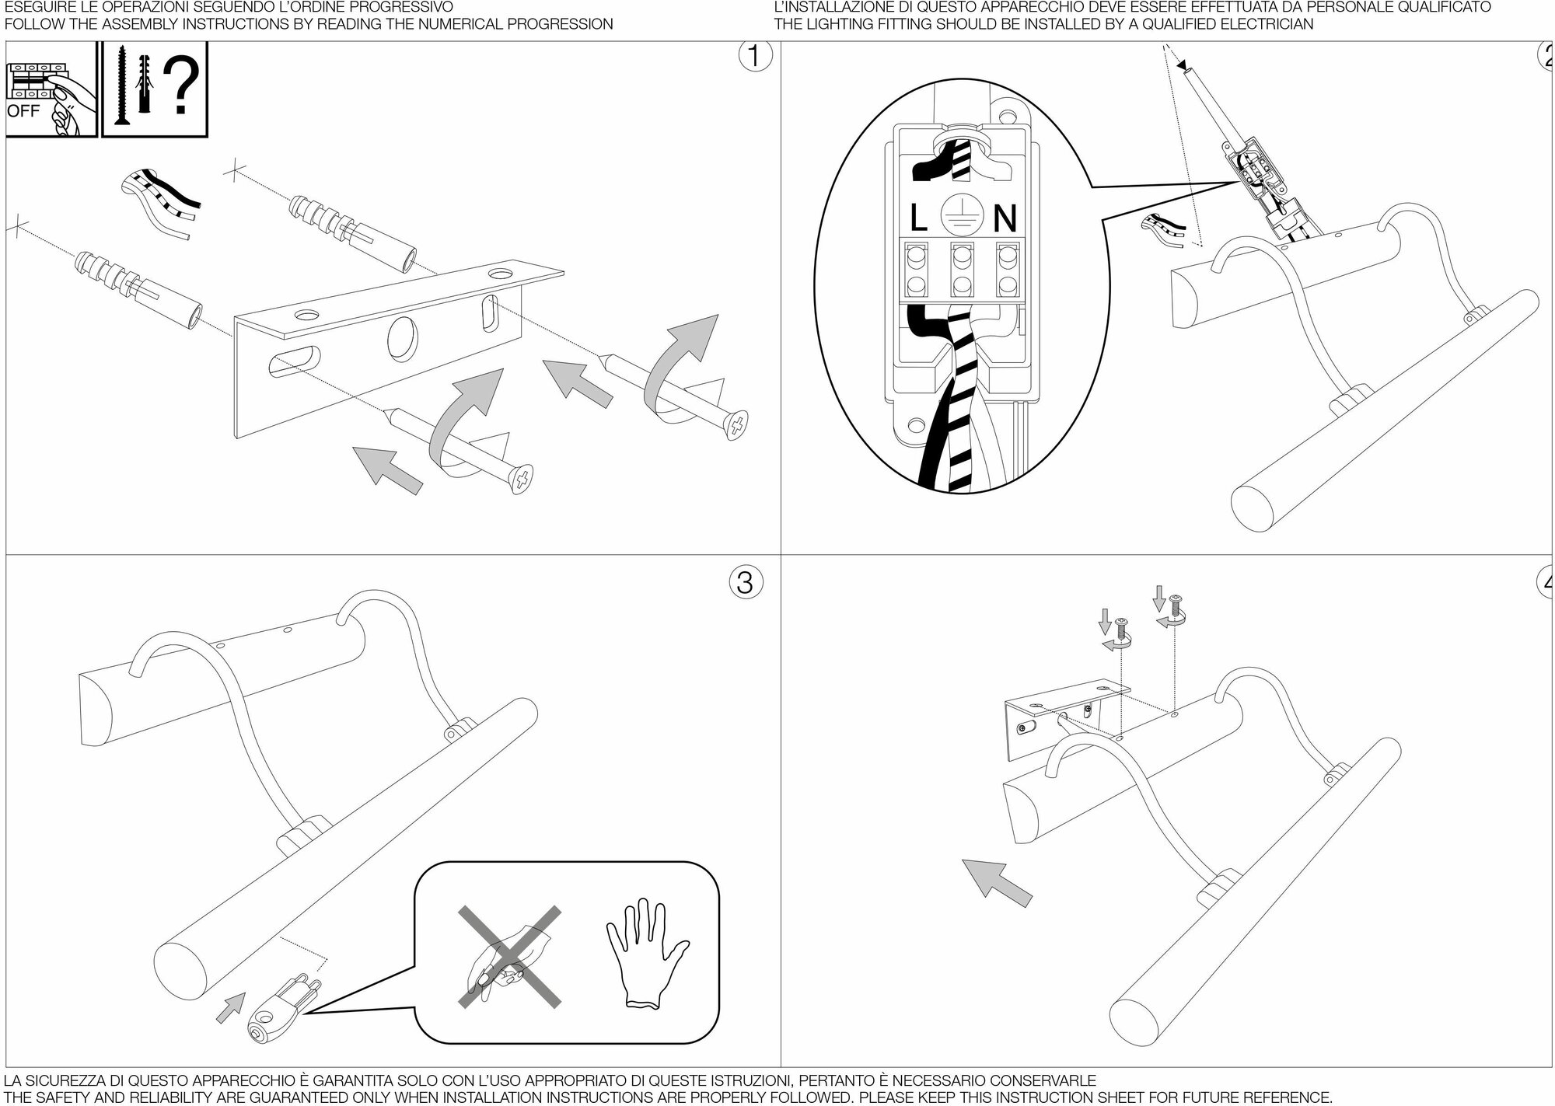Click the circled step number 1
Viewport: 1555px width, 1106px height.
[x=752, y=58]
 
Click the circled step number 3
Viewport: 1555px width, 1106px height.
[x=745, y=581]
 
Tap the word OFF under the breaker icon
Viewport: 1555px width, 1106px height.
[x=23, y=110]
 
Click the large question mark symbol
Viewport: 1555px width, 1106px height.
[x=181, y=85]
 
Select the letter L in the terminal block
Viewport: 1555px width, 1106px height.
[x=918, y=218]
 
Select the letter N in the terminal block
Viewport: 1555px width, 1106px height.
[x=1005, y=218]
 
